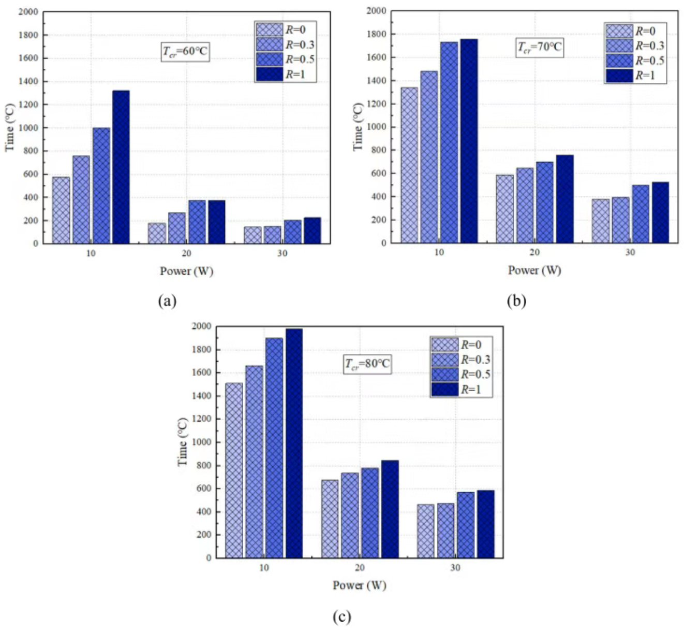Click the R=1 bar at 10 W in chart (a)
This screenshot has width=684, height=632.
pyautogui.click(x=121, y=167)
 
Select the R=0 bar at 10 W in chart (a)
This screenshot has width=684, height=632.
pyautogui.click(x=61, y=210)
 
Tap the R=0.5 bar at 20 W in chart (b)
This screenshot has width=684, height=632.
pyautogui.click(x=544, y=202)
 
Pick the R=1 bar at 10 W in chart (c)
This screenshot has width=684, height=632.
pyautogui.click(x=294, y=443)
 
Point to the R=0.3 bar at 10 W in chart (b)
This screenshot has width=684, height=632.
pyautogui.click(x=429, y=156)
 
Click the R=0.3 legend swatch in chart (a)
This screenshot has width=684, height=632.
pyautogui.click(x=270, y=45)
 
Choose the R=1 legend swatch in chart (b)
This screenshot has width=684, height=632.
pyautogui.click(x=619, y=76)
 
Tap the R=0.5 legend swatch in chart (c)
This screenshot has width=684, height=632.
pyautogui.click(x=444, y=374)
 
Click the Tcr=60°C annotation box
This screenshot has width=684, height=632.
pyautogui.click(x=186, y=51)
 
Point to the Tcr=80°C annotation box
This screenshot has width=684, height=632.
pyautogui.click(x=367, y=364)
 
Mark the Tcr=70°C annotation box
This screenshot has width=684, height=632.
pyautogui.click(x=540, y=48)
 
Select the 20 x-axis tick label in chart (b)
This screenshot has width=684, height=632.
pyautogui.click(x=534, y=252)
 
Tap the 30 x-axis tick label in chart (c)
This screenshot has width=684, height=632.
pyautogui.click(x=455, y=568)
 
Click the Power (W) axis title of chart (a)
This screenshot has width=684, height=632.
pyautogui.click(x=186, y=271)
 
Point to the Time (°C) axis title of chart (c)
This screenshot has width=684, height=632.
pyautogui.click(x=183, y=442)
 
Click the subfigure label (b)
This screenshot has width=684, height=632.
pyautogui.click(x=516, y=301)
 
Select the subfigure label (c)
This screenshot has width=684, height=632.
pyautogui.click(x=342, y=616)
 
